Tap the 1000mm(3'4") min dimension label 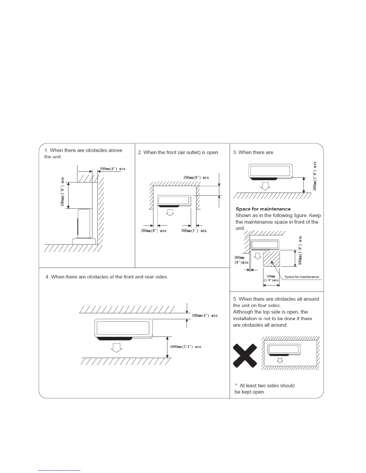[185, 347]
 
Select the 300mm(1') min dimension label [194, 231]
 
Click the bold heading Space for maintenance [263, 209]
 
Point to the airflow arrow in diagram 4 [116, 347]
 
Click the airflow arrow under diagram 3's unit [265, 186]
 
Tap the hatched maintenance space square [272, 259]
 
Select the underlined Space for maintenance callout [301, 277]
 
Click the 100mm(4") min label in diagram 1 [112, 169]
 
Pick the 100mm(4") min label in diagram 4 [205, 315]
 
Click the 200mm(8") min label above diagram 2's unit [196, 177]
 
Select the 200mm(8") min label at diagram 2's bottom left [154, 231]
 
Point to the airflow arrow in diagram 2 [170, 212]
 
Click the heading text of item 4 [107, 277]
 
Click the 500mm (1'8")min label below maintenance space [271, 278]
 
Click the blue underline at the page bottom [59, 471]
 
